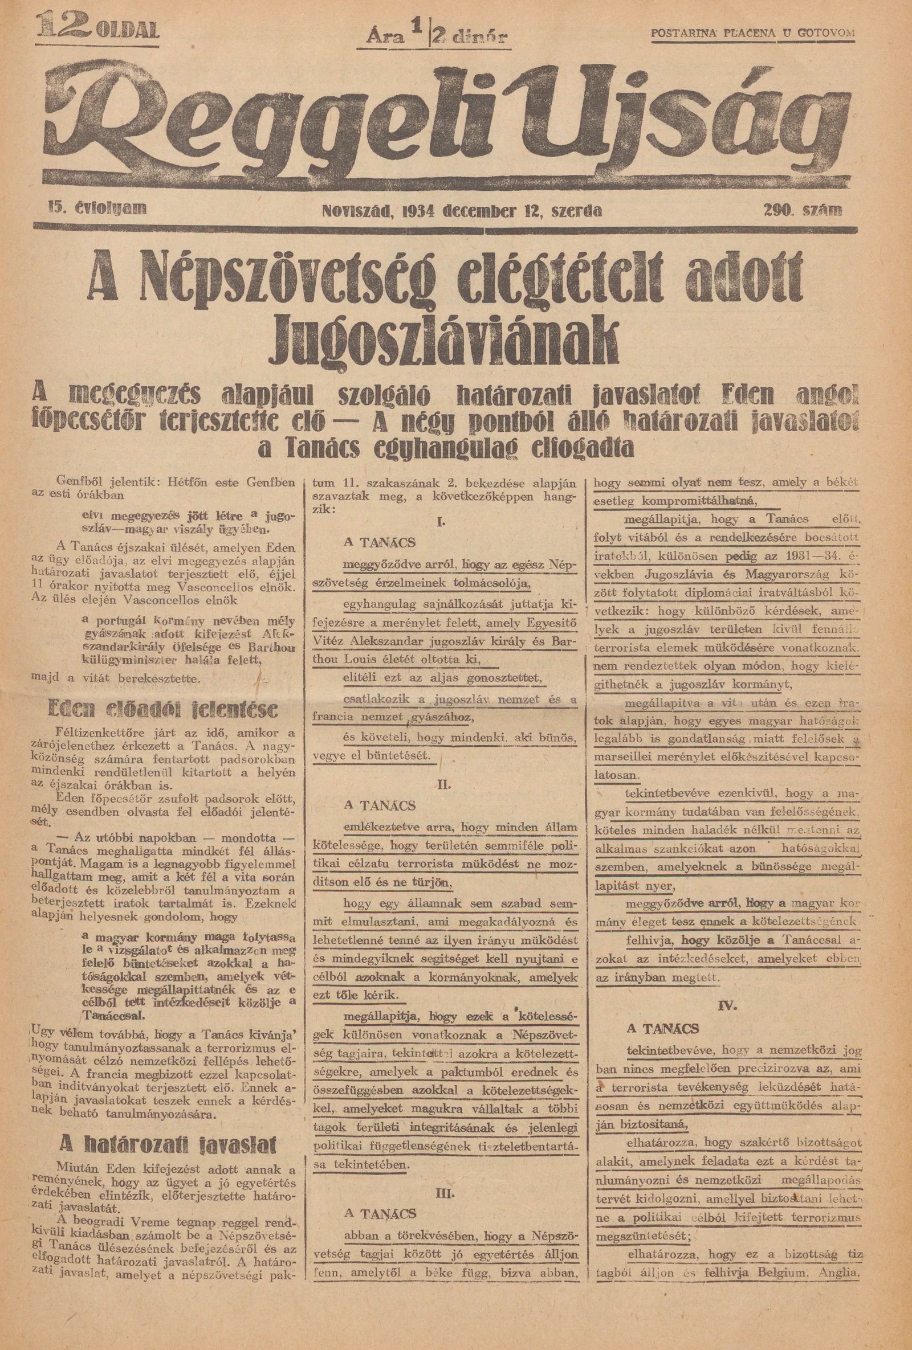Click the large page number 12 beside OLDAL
pyautogui.click(x=64, y=26)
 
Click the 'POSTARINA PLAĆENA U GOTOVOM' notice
pyautogui.click(x=753, y=32)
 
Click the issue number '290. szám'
pyautogui.click(x=803, y=210)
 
